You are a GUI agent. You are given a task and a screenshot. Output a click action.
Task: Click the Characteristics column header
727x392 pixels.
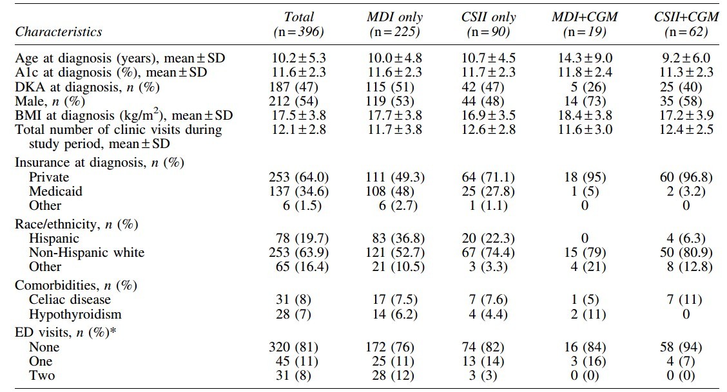59,32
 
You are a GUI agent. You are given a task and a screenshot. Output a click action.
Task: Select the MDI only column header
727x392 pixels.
394,17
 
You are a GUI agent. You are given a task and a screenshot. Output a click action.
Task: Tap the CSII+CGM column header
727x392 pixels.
686,17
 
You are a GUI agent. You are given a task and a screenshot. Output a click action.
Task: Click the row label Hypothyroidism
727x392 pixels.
75,314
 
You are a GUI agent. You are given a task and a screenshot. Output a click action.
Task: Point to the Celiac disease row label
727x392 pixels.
70,299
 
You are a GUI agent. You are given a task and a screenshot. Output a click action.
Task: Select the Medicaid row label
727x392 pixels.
55,191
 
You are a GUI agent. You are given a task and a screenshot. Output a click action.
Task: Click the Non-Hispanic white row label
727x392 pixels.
87,252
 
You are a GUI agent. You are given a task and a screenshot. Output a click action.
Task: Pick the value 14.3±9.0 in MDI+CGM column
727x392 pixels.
585,58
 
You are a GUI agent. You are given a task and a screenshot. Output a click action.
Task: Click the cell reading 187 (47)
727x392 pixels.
293,87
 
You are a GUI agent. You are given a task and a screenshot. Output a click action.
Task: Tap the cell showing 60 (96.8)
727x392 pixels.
686,177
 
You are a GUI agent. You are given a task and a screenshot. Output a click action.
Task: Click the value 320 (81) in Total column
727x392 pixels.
293,347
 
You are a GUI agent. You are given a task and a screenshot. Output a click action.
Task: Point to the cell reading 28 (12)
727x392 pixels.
393,375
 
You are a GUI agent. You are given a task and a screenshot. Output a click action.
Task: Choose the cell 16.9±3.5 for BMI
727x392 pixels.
489,115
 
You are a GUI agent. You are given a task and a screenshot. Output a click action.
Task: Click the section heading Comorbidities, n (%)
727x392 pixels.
76,285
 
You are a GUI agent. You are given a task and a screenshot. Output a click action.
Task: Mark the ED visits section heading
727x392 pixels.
65,332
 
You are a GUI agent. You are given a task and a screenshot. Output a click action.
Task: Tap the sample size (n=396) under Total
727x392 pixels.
298,32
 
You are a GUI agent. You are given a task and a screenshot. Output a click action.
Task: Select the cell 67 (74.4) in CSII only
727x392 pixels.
489,252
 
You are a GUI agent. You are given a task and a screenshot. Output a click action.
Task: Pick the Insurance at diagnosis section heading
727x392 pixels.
100,162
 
